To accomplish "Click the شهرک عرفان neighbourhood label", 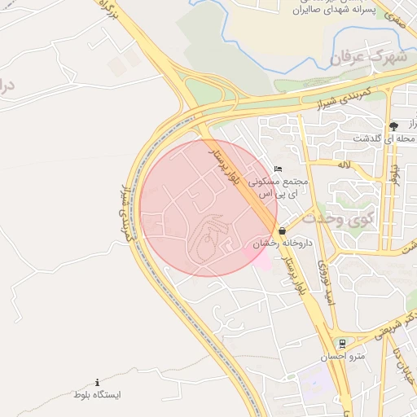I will point(368,58).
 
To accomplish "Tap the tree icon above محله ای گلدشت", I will point(394,125).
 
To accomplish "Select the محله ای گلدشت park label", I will point(383,139).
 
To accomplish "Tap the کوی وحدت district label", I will point(337,218).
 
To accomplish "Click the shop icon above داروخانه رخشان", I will point(282,230).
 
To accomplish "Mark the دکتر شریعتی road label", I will point(392,325).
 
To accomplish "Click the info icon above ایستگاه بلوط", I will point(98,382).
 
